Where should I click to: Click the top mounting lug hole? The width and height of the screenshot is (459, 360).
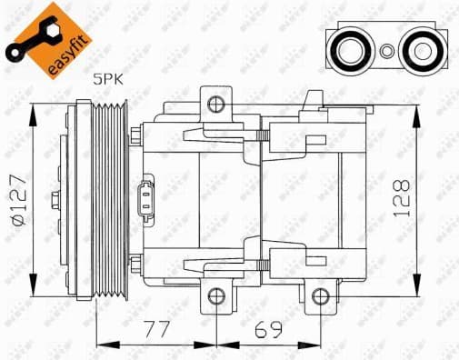(215, 104)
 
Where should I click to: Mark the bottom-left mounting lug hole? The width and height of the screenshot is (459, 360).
(215, 296)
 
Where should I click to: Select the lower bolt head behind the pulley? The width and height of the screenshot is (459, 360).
(135, 265)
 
